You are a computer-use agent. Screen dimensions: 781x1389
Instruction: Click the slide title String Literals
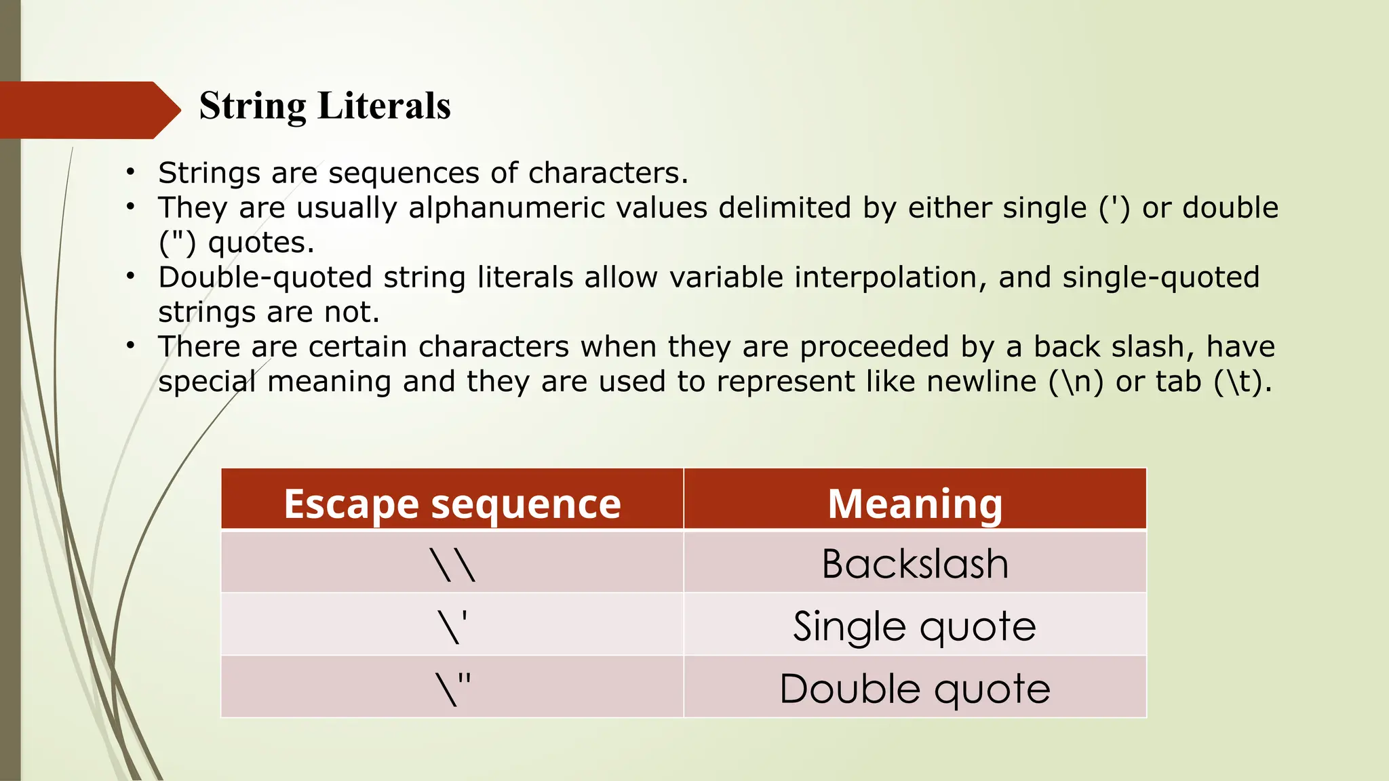(x=324, y=106)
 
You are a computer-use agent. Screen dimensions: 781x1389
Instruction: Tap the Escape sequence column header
(x=452, y=504)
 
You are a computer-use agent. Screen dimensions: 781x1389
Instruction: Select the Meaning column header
(x=914, y=504)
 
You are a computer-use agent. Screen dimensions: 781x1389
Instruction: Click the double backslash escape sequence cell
(x=452, y=564)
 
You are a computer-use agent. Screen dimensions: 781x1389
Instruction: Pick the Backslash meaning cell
(x=914, y=564)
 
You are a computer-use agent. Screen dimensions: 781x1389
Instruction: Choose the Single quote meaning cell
(x=914, y=626)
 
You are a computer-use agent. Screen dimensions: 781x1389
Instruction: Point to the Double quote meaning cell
(x=914, y=688)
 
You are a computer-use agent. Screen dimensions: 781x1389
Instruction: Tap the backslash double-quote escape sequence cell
(x=452, y=688)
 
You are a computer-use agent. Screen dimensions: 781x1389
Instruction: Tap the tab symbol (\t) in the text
(x=1237, y=382)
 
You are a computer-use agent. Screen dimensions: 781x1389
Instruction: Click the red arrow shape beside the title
(x=88, y=110)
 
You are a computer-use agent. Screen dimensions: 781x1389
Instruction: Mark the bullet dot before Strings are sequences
(x=130, y=172)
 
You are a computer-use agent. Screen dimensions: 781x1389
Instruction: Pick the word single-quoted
(x=1160, y=277)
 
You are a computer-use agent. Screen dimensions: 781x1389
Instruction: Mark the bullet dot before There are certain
(x=130, y=346)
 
